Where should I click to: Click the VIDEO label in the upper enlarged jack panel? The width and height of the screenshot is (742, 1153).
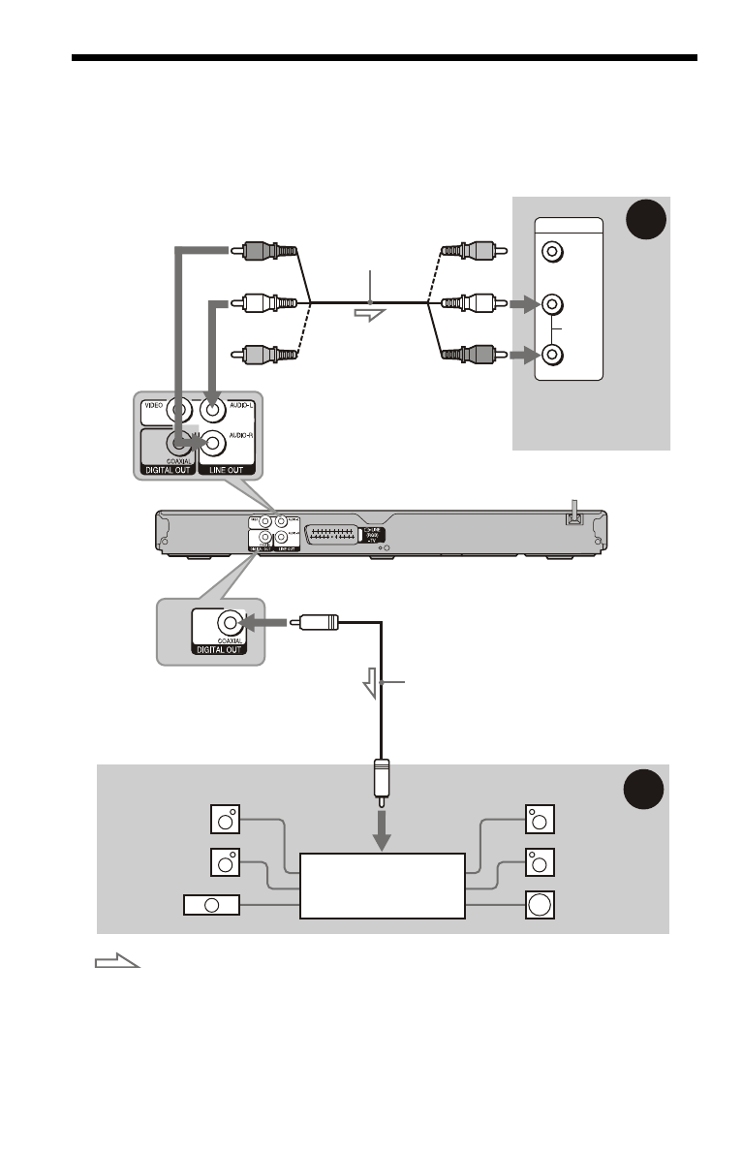click(x=152, y=406)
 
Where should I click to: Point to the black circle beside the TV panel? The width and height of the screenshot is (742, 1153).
click(x=642, y=224)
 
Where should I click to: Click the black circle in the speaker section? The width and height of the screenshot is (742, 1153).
click(x=642, y=791)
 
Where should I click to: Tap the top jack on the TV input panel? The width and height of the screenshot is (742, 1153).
click(x=551, y=252)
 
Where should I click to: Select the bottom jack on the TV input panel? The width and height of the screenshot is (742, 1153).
click(x=551, y=354)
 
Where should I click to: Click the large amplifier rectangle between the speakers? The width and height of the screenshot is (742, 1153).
click(x=382, y=886)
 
